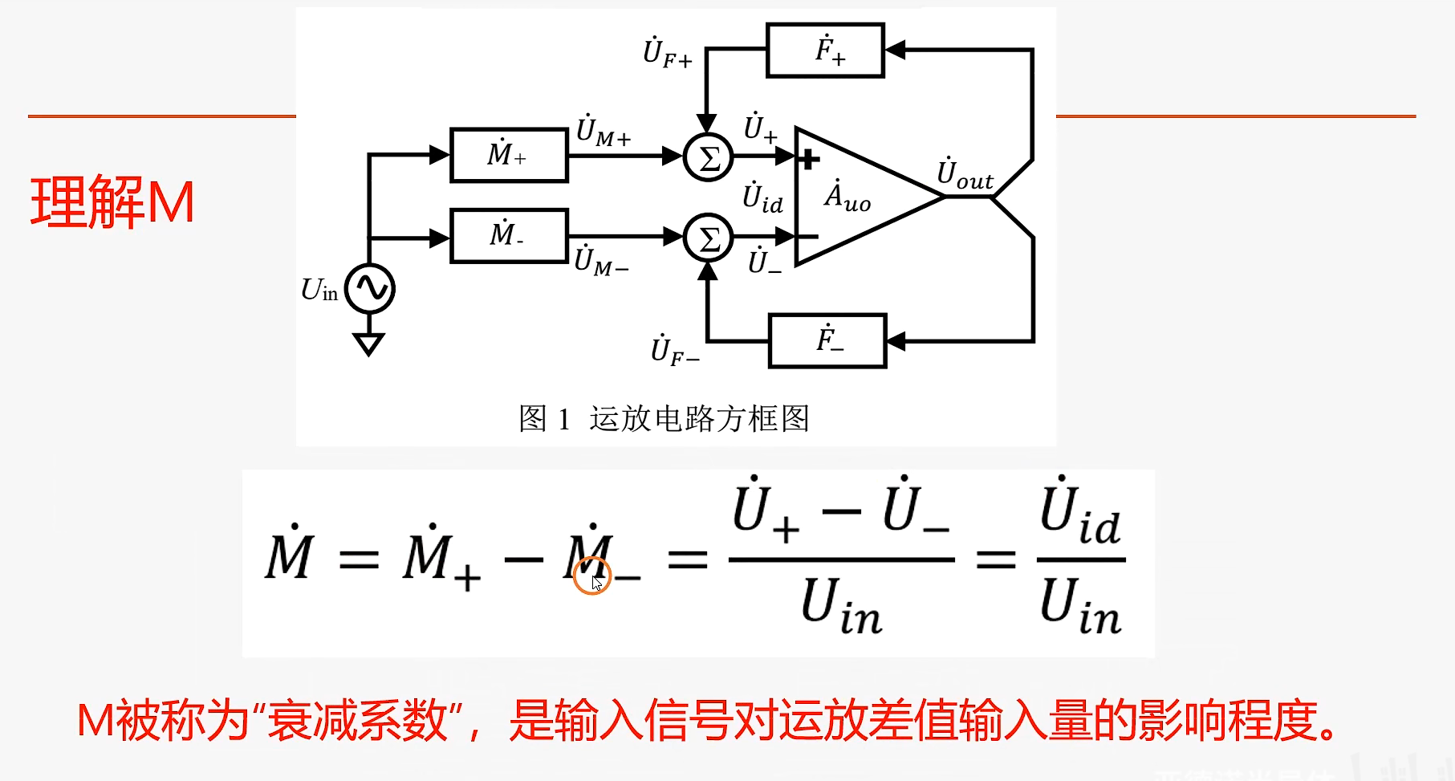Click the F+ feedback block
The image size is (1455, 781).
coord(825,51)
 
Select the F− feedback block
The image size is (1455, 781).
coord(827,340)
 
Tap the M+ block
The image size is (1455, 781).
coord(509,155)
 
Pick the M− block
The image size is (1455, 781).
coord(509,236)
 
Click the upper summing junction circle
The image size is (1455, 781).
coord(708,157)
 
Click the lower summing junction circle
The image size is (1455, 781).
coord(708,238)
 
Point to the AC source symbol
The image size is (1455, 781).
coord(370,288)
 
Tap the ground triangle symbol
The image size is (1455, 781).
coord(368,344)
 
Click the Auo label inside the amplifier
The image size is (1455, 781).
coord(847,197)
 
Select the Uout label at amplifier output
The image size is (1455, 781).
coord(965,175)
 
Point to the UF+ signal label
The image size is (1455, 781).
coord(667,53)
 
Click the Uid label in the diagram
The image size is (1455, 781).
coord(762,198)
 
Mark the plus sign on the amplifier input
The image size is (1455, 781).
coord(809,159)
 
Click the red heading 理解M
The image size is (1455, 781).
coord(112,202)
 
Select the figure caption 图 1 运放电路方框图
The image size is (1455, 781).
coord(664,418)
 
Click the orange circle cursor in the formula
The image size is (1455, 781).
coord(592,576)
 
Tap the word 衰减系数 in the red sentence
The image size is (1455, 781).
coord(357,720)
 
